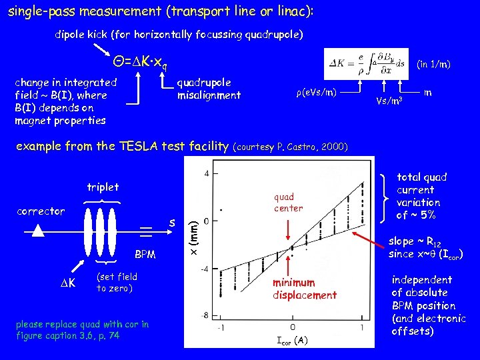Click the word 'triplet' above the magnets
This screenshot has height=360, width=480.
(103, 187)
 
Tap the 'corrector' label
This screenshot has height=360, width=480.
(41, 211)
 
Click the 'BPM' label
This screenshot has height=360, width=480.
(145, 254)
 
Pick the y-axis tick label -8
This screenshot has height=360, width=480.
(207, 315)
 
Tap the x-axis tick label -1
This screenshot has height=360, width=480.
(222, 328)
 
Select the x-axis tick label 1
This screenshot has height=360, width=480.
(362, 328)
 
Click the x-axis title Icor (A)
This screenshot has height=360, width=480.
(292, 341)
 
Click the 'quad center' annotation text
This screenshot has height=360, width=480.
(288, 202)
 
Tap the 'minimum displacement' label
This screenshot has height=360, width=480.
(304, 289)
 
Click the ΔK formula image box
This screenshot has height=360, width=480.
(365, 65)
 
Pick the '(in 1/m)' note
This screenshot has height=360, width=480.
(433, 65)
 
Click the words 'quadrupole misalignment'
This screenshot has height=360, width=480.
(209, 89)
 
